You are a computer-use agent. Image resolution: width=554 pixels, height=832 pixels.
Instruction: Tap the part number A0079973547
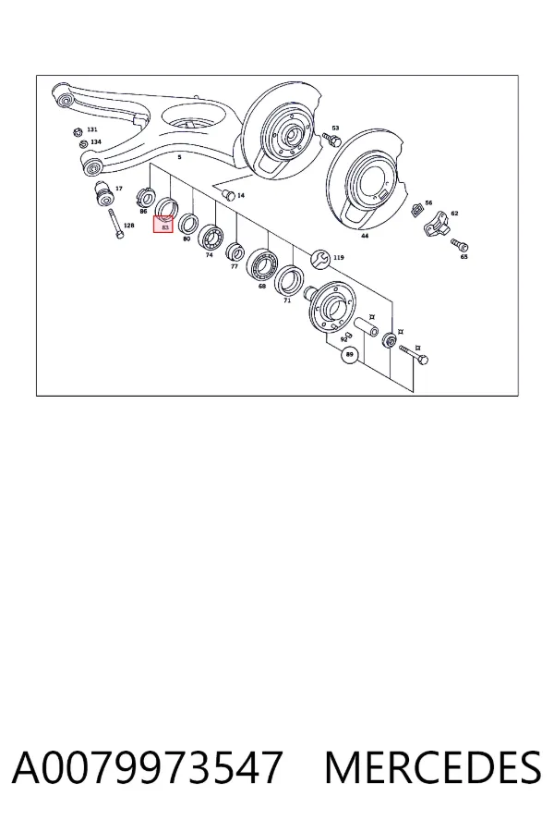tap(146, 766)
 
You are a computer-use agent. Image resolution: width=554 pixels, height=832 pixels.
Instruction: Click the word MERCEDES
tap(433, 766)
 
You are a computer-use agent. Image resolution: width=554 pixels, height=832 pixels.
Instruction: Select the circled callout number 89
tap(349, 354)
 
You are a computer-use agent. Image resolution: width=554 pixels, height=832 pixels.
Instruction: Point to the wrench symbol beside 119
tap(321, 259)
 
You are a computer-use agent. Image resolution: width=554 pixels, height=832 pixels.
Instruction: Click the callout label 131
tap(92, 129)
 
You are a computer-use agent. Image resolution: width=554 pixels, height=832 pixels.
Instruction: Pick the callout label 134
tap(95, 141)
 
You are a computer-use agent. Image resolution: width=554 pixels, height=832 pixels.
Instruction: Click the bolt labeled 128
tap(114, 225)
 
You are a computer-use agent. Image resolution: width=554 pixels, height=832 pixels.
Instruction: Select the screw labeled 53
tap(331, 140)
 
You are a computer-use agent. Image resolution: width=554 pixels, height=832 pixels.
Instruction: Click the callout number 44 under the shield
tap(365, 236)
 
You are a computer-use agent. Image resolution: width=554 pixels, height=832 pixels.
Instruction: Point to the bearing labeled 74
tap(211, 237)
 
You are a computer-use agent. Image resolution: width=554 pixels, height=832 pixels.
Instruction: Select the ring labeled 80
tap(187, 224)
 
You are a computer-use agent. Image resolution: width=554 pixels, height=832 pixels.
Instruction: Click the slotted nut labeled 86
tap(144, 197)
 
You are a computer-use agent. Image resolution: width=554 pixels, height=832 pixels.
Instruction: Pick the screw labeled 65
tap(459, 245)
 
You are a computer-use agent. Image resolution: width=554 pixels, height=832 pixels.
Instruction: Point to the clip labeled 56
tap(417, 211)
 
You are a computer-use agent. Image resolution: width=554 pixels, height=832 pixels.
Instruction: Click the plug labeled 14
tap(229, 194)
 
